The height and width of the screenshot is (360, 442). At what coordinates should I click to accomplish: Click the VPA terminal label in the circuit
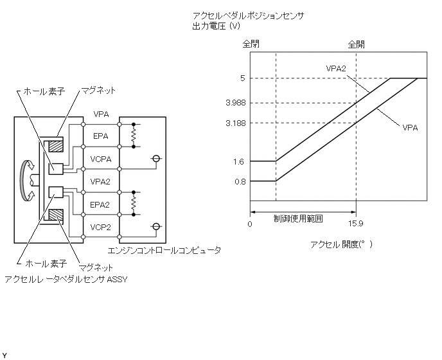[101, 114]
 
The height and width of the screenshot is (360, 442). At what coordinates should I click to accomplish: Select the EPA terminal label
[101, 136]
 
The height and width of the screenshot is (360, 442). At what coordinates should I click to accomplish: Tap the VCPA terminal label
[101, 159]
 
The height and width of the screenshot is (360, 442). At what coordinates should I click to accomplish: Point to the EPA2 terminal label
[101, 204]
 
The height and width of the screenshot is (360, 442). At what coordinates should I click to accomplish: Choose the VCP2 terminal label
[101, 227]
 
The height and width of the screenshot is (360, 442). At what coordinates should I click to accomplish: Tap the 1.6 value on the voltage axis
[238, 162]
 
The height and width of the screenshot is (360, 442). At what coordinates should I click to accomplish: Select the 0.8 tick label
[238, 182]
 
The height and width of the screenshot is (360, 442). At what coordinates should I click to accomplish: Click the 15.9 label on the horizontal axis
[356, 224]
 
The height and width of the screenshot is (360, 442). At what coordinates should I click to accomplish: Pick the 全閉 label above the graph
[251, 44]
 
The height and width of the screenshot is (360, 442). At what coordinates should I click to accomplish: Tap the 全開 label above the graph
[356, 44]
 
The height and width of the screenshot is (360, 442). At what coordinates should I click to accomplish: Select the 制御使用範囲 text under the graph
[298, 218]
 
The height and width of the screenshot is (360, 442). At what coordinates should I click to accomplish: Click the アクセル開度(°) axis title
[341, 244]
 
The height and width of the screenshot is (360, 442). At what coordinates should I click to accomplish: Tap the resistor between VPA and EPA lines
[134, 136]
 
